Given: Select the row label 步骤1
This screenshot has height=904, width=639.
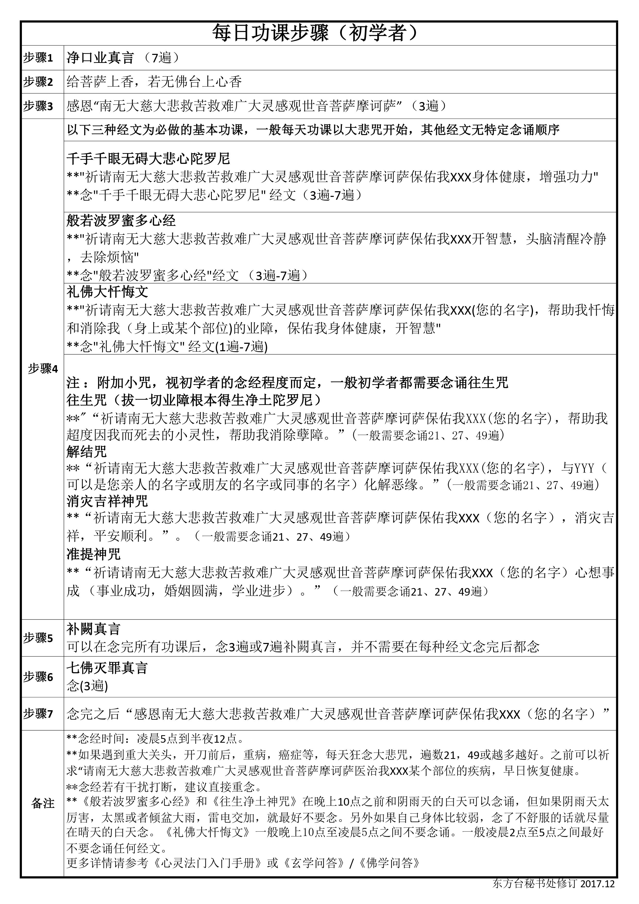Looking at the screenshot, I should (x=38, y=58).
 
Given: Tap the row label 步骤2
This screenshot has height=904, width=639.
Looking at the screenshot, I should (x=38, y=82).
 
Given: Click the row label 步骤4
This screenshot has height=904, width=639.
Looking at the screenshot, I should (x=43, y=369).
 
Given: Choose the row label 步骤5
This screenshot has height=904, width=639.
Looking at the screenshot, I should (x=38, y=638).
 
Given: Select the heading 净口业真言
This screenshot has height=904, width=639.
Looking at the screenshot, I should (x=100, y=58).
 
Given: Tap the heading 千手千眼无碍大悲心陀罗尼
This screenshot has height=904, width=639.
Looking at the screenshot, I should (x=148, y=159).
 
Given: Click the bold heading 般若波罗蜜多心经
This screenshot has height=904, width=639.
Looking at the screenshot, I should (x=121, y=221).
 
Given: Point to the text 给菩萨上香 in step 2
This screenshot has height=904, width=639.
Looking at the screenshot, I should (x=100, y=82).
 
